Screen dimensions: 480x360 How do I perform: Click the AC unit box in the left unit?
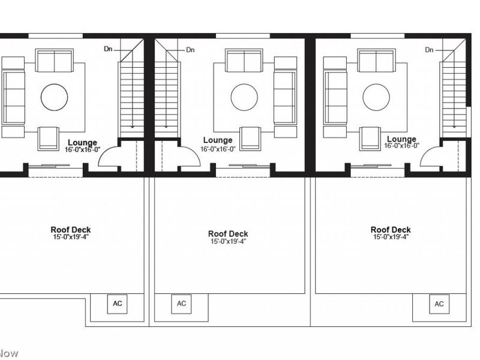pos(117,304)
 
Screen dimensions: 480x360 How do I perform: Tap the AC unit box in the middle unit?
pos(181,304)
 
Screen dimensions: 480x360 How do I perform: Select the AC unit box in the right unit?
pos(439,304)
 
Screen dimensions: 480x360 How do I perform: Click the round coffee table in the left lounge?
pos(54,97)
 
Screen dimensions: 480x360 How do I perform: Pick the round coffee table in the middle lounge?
pos(244,97)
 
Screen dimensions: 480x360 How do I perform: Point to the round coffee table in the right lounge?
pos(376,97)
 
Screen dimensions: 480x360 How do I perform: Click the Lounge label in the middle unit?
pos(218,140)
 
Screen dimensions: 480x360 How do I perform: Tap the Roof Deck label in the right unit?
pos(391,230)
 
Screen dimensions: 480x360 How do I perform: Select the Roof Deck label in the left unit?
pos(71,230)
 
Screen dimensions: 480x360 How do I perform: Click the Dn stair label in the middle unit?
pos(190,50)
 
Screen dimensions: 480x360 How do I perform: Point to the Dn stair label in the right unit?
pos(429,50)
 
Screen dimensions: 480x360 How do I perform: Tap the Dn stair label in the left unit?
pos(108,49)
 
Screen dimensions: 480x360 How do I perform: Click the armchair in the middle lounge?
pos(250,139)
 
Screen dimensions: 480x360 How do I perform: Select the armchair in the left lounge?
pos(48,139)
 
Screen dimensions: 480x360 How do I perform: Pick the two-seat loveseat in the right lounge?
pos(376,61)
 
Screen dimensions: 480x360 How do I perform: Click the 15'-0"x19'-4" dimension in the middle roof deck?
pos(228,241)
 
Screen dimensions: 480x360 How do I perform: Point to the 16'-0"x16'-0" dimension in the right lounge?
pos(401,146)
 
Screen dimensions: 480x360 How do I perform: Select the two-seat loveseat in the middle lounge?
pos(244,61)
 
